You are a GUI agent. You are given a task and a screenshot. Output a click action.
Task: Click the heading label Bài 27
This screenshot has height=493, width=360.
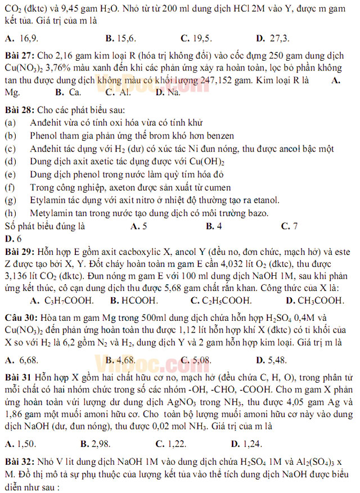click(x=20, y=56)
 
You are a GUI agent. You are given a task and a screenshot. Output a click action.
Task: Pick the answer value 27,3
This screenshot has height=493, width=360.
click(x=280, y=39)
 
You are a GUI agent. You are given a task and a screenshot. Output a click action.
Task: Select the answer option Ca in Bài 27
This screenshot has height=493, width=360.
click(x=75, y=92)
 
